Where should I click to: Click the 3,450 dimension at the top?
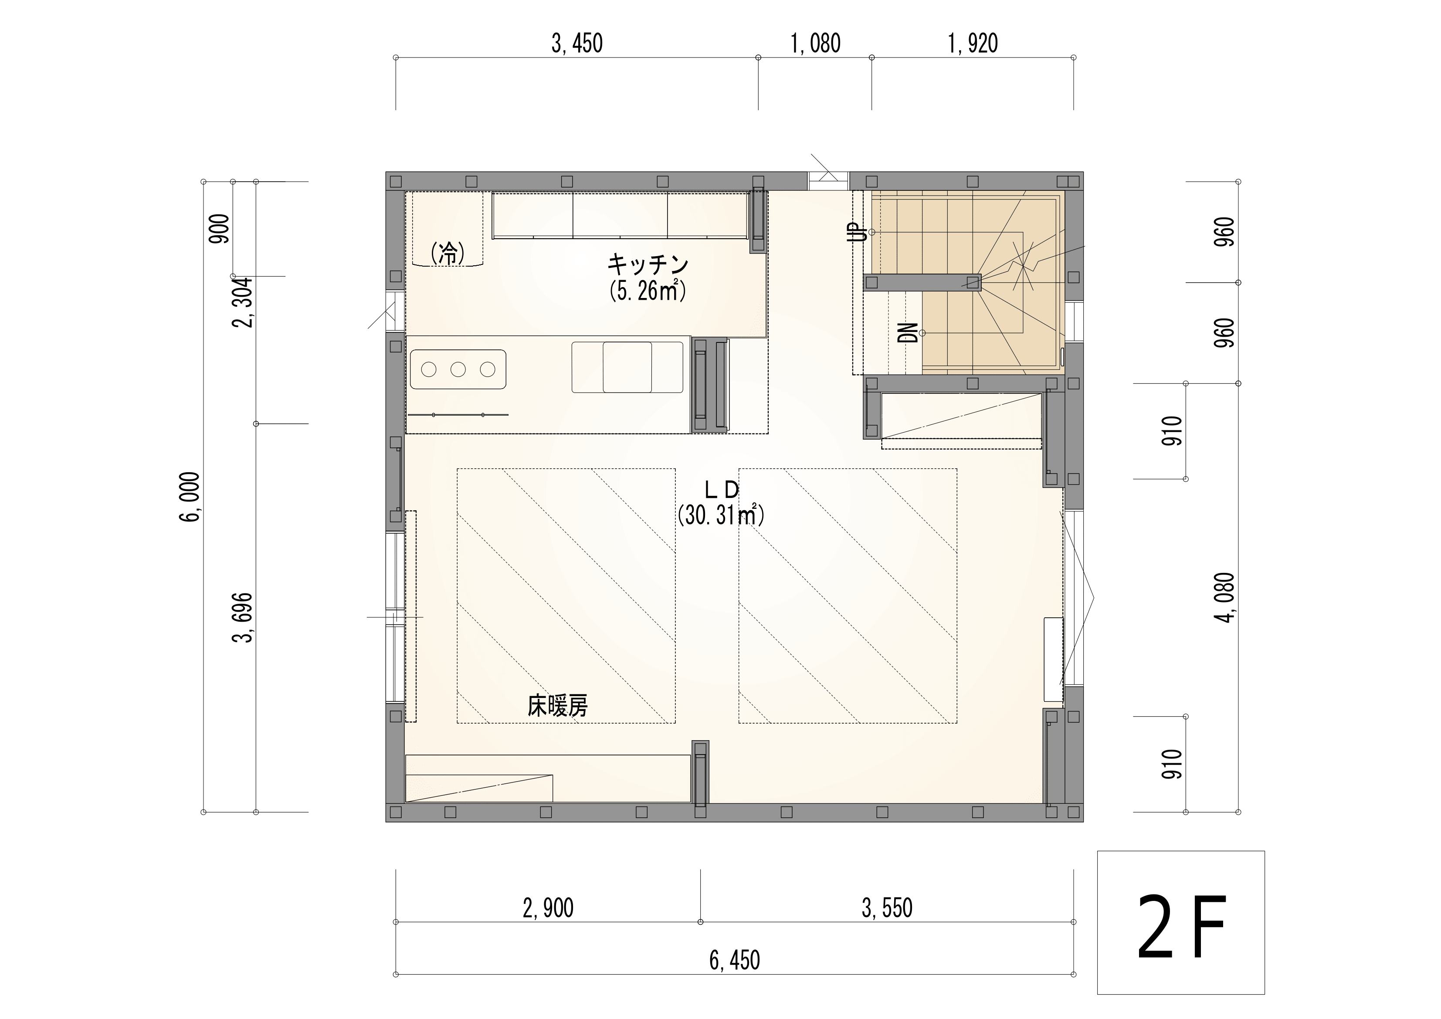[x=577, y=43]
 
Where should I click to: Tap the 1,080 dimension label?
[x=815, y=43]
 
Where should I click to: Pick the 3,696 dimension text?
[x=243, y=617]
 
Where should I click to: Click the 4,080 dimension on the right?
[x=1224, y=597]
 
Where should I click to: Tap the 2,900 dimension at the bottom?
[x=548, y=908]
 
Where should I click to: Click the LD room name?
[x=721, y=489]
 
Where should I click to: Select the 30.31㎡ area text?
[x=721, y=515]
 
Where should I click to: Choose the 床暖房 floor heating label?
[x=557, y=707]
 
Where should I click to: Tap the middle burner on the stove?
[x=458, y=369]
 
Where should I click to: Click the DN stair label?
[x=908, y=332]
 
